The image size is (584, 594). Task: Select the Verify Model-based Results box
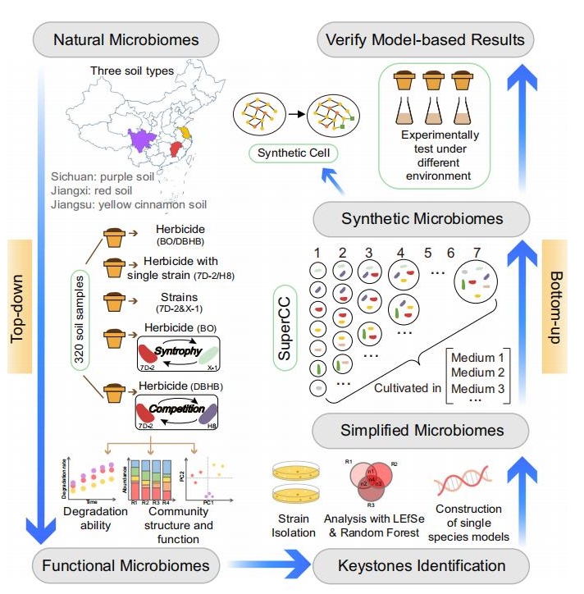click(x=425, y=39)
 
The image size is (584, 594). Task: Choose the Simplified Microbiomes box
click(x=422, y=429)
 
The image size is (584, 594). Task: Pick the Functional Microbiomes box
click(x=127, y=564)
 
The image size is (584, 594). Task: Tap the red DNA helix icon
click(x=464, y=479)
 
